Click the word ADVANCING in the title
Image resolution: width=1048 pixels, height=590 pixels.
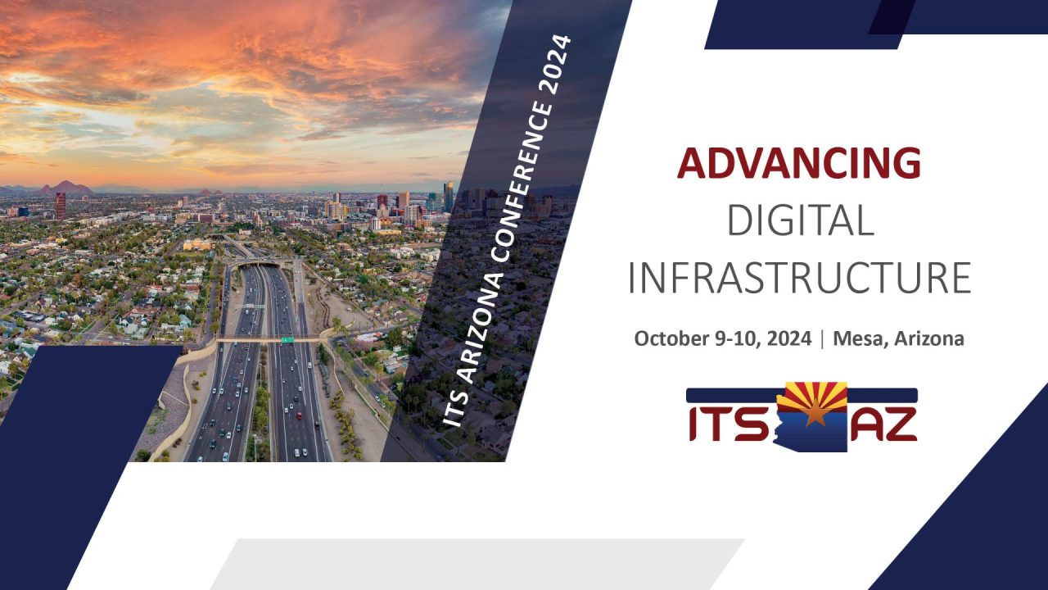click(798, 162)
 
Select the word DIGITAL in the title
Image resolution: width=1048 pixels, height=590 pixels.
click(800, 220)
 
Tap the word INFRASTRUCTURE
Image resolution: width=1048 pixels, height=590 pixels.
click(799, 279)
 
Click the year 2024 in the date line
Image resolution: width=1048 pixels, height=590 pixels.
click(790, 338)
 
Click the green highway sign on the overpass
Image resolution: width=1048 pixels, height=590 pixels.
click(287, 338)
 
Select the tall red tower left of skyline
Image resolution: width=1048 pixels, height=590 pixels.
click(61, 205)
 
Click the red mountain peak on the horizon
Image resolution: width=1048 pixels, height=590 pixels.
click(66, 187)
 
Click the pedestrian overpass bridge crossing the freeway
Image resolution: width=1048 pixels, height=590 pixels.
click(262, 339)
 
